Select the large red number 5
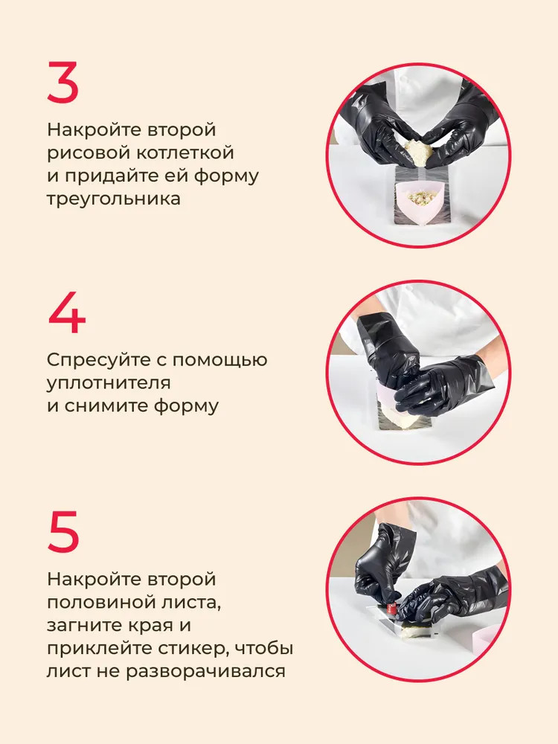[63, 531]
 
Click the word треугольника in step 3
[113, 199]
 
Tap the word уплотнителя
[109, 383]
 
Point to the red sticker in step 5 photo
[391, 609]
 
